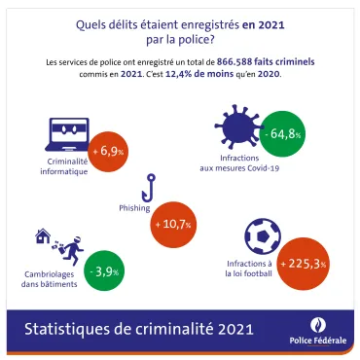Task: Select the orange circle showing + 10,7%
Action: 173,223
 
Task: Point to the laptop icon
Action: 70,134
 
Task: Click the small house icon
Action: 43,236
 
